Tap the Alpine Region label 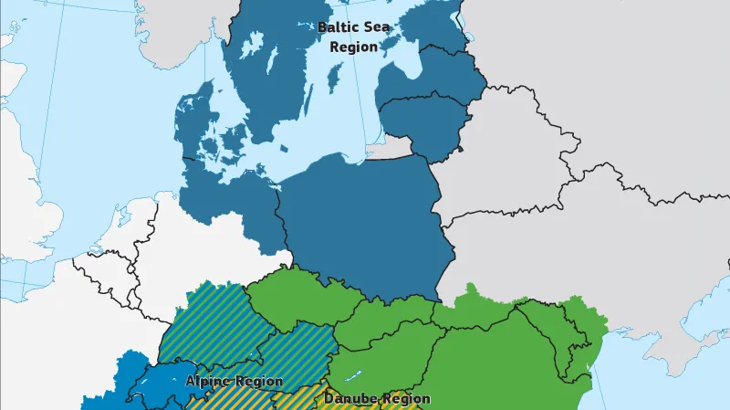point(235,381)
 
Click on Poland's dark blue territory point(365,219)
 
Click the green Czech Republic point(292,297)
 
